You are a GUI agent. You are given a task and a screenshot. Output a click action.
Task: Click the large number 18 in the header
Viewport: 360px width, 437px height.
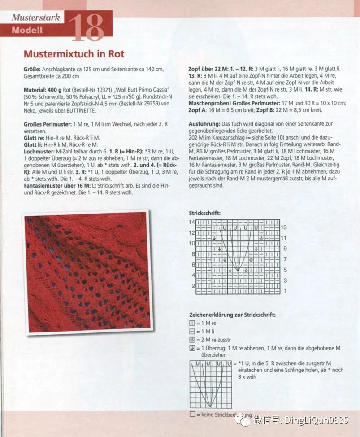(x=86, y=28)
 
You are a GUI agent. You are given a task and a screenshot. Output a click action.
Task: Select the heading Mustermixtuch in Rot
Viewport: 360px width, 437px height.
(x=74, y=54)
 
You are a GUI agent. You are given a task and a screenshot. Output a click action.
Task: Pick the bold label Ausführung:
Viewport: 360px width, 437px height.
(x=204, y=123)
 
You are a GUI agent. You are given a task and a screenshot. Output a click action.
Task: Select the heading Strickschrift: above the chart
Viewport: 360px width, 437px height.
(x=204, y=214)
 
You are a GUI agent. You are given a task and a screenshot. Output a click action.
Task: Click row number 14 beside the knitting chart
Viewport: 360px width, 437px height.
(x=192, y=223)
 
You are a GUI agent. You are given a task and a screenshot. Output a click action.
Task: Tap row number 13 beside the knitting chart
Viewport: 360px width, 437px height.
(x=283, y=227)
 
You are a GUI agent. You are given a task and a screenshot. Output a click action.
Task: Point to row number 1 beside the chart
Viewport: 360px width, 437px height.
(x=285, y=291)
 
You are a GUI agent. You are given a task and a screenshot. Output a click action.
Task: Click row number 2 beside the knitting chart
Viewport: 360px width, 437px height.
(x=193, y=286)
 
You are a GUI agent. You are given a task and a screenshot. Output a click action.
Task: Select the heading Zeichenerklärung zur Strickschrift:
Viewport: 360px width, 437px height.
(x=232, y=315)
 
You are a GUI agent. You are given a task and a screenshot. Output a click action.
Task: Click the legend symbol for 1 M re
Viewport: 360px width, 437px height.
(x=192, y=323)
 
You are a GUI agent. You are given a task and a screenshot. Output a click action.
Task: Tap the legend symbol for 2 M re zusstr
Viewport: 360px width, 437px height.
(x=192, y=340)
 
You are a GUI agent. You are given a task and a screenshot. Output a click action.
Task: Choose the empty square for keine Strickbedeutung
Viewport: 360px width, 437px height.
(x=192, y=415)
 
